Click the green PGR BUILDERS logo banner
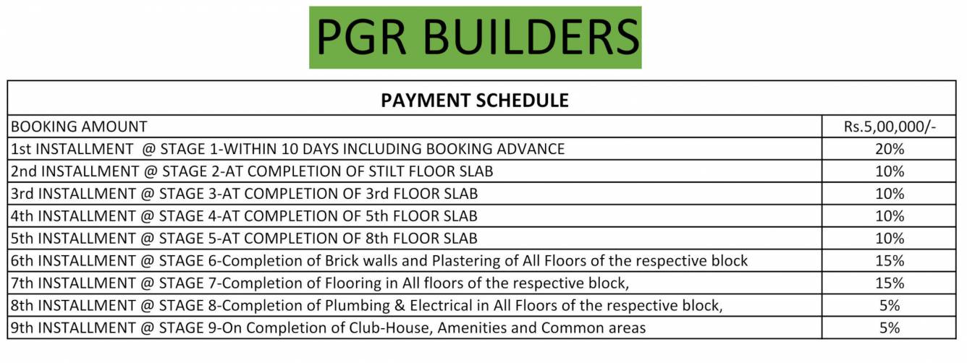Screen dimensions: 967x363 (475, 37)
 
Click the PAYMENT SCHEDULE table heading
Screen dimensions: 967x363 (474, 101)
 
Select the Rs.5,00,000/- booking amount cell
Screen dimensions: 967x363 (890, 127)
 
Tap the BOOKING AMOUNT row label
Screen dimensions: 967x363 (79, 127)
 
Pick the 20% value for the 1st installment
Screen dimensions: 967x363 (890, 149)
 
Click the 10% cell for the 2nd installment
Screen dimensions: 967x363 (890, 171)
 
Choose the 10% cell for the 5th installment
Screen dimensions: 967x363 (890, 239)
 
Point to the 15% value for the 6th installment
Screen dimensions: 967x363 (890, 261)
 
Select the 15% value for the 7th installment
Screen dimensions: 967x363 (890, 283)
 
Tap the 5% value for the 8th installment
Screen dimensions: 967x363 (890, 306)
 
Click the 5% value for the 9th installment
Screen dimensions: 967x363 (890, 328)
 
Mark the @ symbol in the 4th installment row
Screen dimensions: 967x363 (147, 216)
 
